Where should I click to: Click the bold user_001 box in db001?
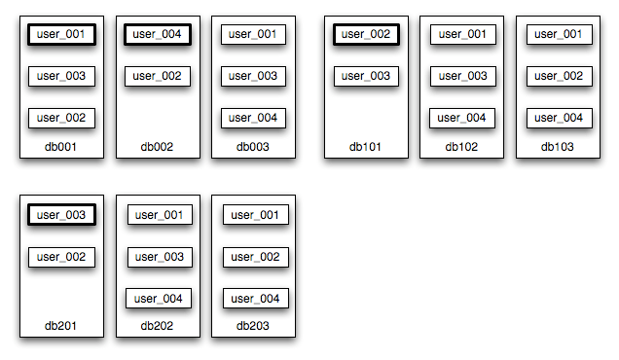(61, 34)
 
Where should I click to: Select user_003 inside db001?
(61, 76)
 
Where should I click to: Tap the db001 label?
(60, 147)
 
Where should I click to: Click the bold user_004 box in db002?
(157, 34)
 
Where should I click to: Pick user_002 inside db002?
(157, 76)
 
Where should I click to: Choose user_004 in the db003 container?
(253, 118)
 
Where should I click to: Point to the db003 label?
(253, 147)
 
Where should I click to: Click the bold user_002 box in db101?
(367, 34)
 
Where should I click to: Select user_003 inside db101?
(367, 76)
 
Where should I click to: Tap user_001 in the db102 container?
(462, 34)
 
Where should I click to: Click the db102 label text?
(462, 147)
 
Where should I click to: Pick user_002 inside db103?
(559, 76)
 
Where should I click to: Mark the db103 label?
(559, 147)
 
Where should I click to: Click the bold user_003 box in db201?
(61, 214)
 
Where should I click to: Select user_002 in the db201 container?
(61, 257)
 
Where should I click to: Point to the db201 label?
(60, 326)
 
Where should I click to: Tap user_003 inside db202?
(159, 257)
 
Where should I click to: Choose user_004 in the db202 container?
(159, 299)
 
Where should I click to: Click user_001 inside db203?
(256, 214)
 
